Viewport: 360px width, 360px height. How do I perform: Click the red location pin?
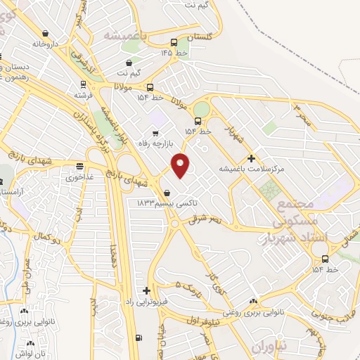click(x=181, y=165)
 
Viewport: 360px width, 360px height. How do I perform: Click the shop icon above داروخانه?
click(x=46, y=33)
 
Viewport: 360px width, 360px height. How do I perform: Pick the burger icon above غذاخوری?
click(x=79, y=167)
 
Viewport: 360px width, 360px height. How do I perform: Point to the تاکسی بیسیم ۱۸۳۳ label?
click(x=167, y=202)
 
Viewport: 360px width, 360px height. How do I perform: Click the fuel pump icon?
click(x=138, y=337)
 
